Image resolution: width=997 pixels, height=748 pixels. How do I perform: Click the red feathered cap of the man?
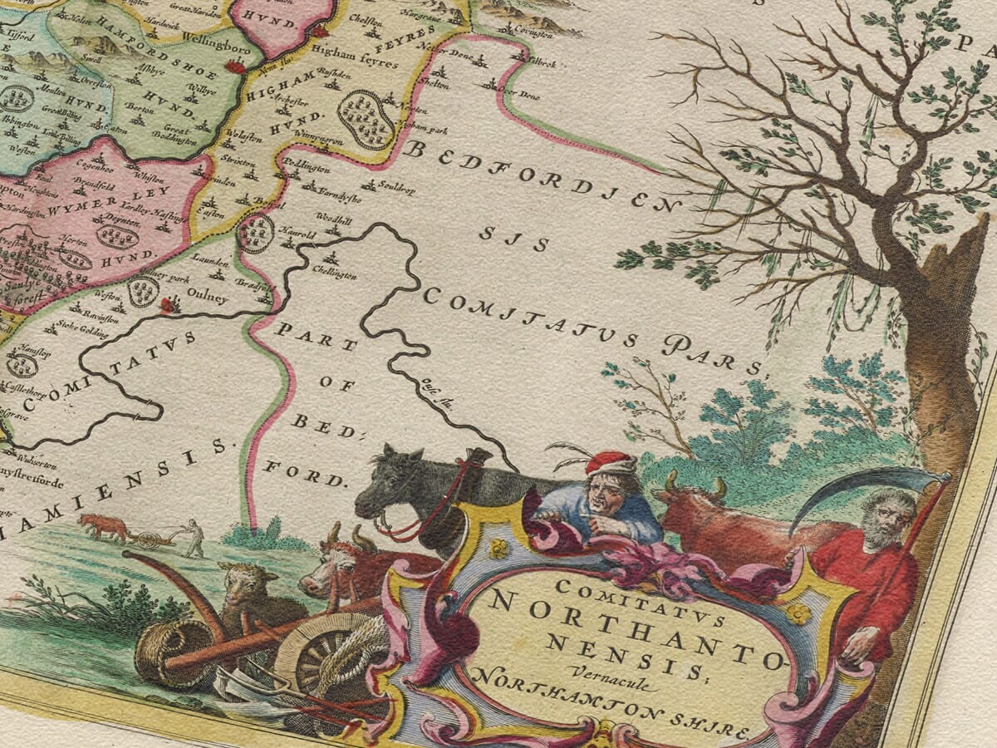point(611,461)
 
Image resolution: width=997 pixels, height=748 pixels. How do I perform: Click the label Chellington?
point(336,274)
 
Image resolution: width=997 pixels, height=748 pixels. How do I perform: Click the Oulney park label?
point(157,278)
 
